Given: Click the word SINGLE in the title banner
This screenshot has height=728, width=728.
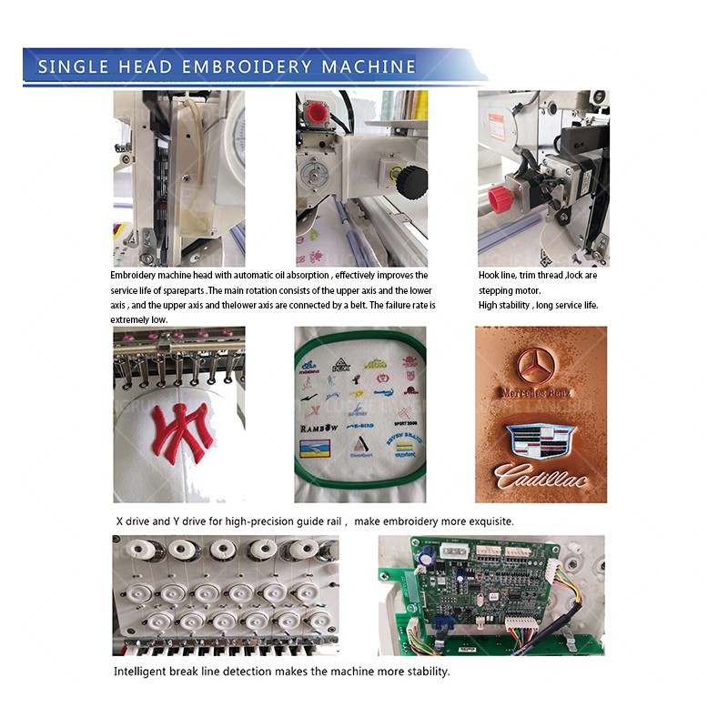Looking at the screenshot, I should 72,66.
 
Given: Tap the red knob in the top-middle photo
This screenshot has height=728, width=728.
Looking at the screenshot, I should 318,112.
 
